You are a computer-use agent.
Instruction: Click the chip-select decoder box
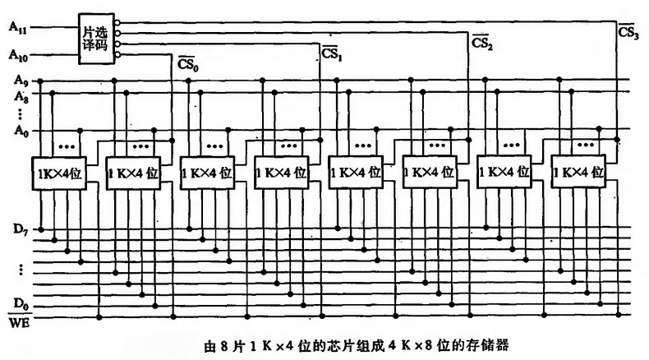point(94,37)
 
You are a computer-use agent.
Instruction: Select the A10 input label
point(16,55)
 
